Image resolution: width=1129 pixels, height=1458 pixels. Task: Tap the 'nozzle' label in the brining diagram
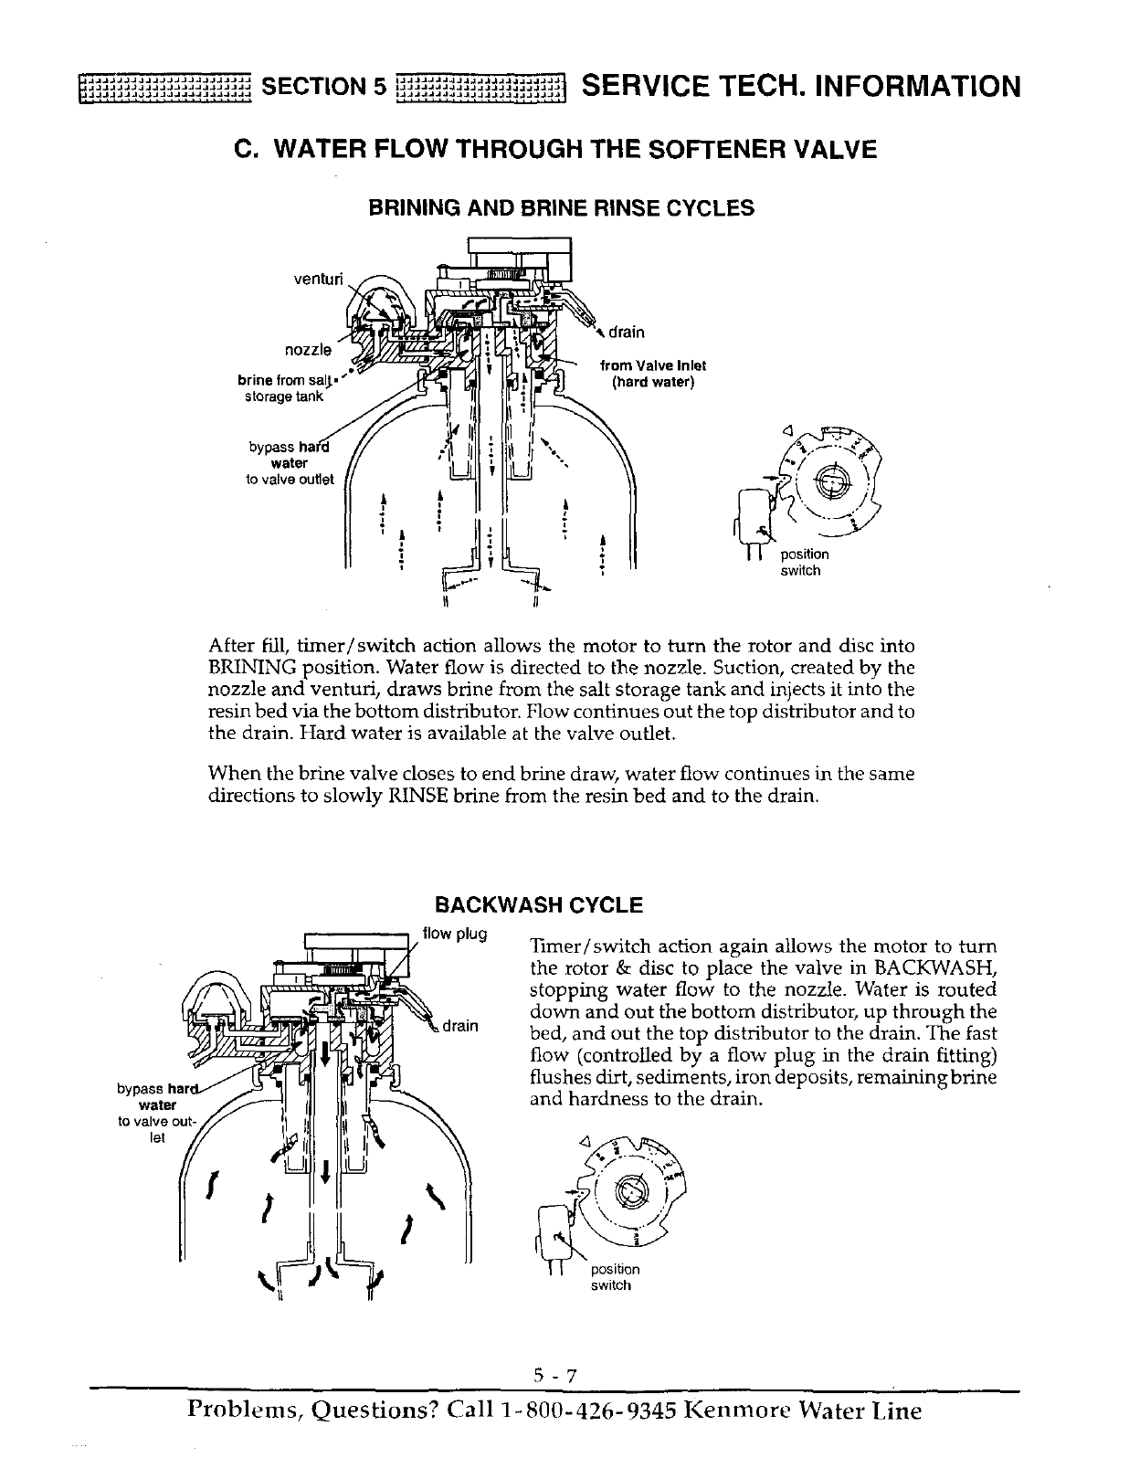pyautogui.click(x=308, y=350)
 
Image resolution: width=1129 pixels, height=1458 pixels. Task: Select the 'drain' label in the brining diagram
pyautogui.click(x=627, y=332)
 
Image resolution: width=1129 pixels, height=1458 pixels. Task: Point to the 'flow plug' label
pyautogui.click(x=455, y=934)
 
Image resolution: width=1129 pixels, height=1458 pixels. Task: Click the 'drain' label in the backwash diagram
pyautogui.click(x=460, y=1025)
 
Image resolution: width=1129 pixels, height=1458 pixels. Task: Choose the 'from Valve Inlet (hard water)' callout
pyautogui.click(x=652, y=374)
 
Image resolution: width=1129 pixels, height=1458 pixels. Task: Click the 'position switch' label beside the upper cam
pyautogui.click(x=804, y=563)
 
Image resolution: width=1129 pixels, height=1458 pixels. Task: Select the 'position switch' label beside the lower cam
pyautogui.click(x=615, y=1277)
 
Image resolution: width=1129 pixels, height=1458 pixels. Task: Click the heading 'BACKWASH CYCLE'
pyautogui.click(x=539, y=905)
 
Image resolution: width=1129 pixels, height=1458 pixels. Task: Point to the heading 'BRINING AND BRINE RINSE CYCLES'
pyautogui.click(x=561, y=208)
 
